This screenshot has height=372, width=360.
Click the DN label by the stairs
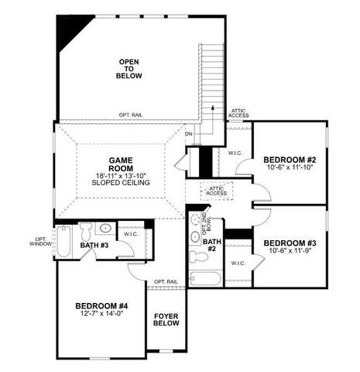tap(188, 133)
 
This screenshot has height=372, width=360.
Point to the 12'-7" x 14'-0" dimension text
tap(101, 314)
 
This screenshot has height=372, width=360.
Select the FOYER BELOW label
tap(166, 319)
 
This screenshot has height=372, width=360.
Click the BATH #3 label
tap(94, 246)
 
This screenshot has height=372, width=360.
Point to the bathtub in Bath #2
tap(205, 277)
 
